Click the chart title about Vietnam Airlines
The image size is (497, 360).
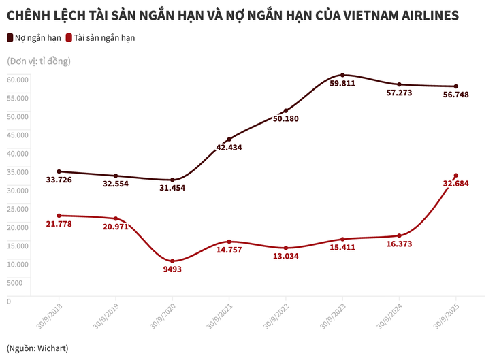click(x=232, y=14)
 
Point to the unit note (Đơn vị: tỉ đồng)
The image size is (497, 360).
click(x=39, y=61)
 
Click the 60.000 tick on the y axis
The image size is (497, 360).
click(x=18, y=79)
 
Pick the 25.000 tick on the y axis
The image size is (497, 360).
click(x=18, y=208)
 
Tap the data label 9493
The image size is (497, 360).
click(x=172, y=269)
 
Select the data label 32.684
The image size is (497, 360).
click(x=456, y=184)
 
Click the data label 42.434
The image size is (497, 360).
click(x=229, y=147)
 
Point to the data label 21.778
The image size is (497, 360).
click(x=59, y=223)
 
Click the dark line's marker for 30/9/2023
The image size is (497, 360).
click(x=342, y=75)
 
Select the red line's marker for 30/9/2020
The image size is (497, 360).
click(x=172, y=261)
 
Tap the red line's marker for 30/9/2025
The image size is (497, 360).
click(x=455, y=176)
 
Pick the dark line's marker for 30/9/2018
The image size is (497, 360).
click(x=59, y=171)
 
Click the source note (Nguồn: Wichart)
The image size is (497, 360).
click(x=37, y=348)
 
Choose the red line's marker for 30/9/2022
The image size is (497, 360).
click(x=286, y=248)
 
